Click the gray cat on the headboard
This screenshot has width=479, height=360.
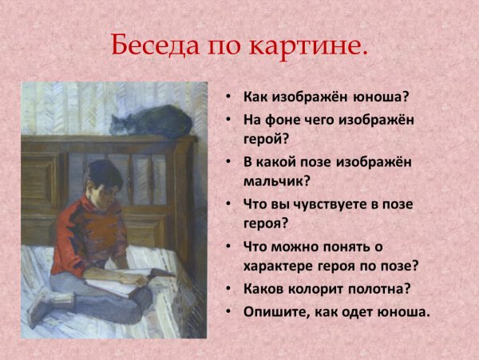point(151,121)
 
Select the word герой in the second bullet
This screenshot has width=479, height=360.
point(264,140)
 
